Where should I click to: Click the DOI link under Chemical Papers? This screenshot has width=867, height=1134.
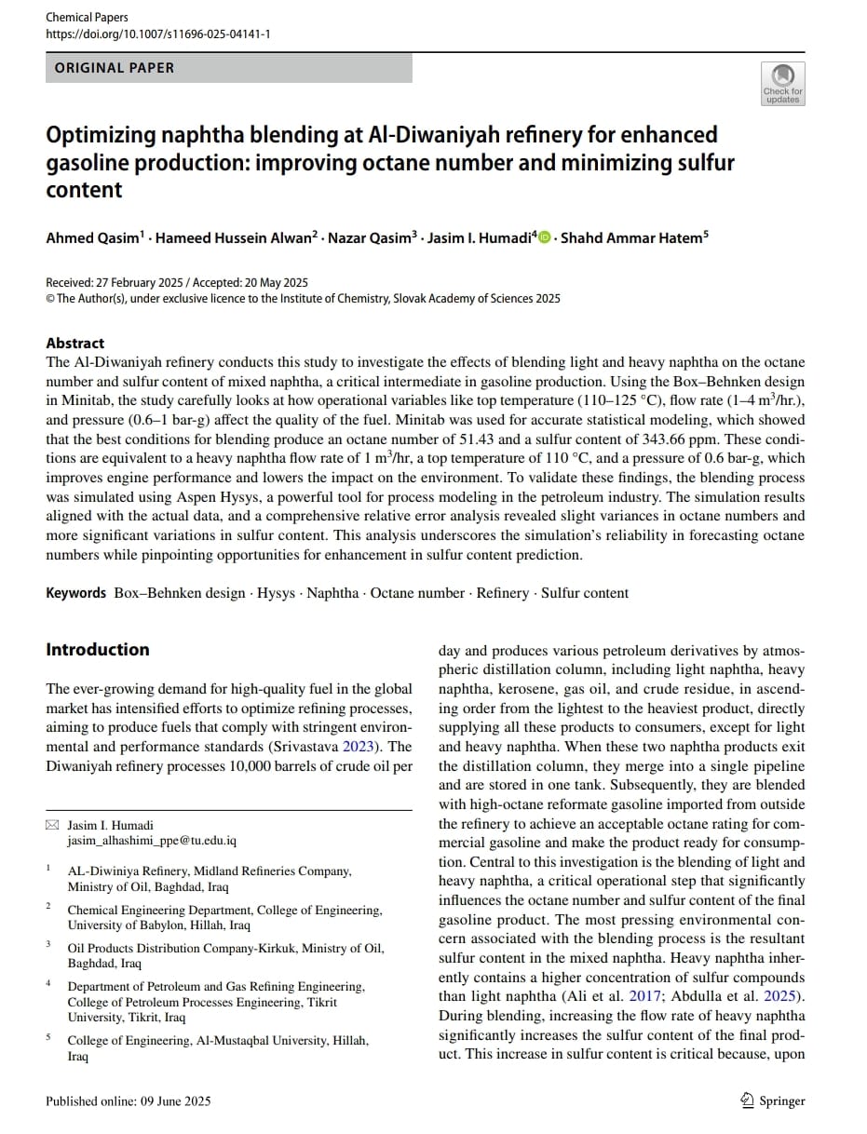(158, 34)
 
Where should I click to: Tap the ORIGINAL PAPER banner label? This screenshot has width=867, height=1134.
(115, 68)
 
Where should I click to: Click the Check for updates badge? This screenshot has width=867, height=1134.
(782, 84)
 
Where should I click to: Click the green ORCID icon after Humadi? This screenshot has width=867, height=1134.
(545, 238)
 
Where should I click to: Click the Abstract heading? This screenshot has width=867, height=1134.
(75, 343)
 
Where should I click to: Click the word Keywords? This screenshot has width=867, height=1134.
(76, 593)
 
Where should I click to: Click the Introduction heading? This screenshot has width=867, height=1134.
(98, 650)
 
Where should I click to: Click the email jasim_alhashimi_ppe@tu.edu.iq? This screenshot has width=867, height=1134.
(152, 840)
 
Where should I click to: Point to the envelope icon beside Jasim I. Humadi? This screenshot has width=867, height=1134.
(52, 826)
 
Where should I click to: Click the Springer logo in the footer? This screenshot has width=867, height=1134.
(772, 1100)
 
